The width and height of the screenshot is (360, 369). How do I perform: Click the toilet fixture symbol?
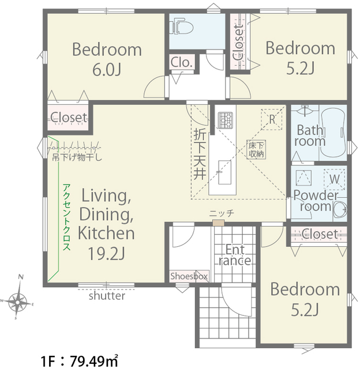pyautogui.click(x=183, y=27)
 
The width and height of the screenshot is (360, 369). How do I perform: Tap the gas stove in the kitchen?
pyautogui.click(x=226, y=121)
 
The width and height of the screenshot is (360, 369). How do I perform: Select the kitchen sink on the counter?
pyautogui.click(x=224, y=172)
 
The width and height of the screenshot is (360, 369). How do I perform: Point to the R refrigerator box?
pyautogui.click(x=272, y=119)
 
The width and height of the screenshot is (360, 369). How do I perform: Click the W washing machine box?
pyautogui.click(x=335, y=179)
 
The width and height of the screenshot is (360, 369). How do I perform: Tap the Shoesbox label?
pyautogui.click(x=189, y=276)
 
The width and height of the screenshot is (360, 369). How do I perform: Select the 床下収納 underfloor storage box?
pyautogui.click(x=256, y=150)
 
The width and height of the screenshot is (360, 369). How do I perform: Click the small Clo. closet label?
pyautogui.click(x=182, y=62)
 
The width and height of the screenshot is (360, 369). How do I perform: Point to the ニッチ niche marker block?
pyautogui.click(x=218, y=223)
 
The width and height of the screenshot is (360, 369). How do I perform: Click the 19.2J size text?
pyautogui.click(x=106, y=254)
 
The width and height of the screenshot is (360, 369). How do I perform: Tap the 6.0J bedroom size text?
pyautogui.click(x=107, y=69)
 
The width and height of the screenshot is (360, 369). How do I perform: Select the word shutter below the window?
pyautogui.click(x=107, y=296)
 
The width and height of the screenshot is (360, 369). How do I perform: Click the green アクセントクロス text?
pyautogui.click(x=66, y=217)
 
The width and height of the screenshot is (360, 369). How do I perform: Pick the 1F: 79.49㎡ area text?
pyautogui.click(x=79, y=361)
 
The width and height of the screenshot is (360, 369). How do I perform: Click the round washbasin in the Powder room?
pyautogui.click(x=340, y=209)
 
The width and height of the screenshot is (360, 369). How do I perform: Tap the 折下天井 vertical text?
pyautogui.click(x=200, y=155)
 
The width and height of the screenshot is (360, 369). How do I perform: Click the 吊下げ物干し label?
pyautogui.click(x=77, y=157)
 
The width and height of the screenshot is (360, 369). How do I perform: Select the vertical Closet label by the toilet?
pyautogui.click(x=238, y=43)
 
